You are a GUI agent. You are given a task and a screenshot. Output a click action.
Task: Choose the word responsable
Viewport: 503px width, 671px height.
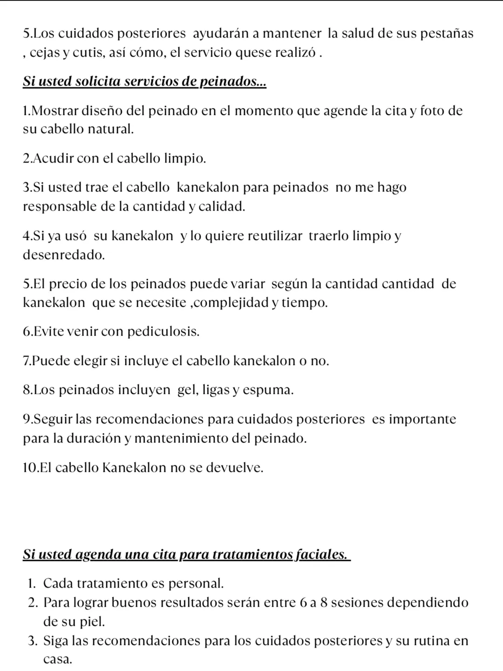click(x=60, y=206)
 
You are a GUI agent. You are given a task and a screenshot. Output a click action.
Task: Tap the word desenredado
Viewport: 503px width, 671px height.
click(x=64, y=255)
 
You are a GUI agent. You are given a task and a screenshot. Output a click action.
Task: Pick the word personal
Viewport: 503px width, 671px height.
click(x=196, y=583)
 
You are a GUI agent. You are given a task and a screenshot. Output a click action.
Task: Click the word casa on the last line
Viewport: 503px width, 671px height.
click(x=57, y=660)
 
